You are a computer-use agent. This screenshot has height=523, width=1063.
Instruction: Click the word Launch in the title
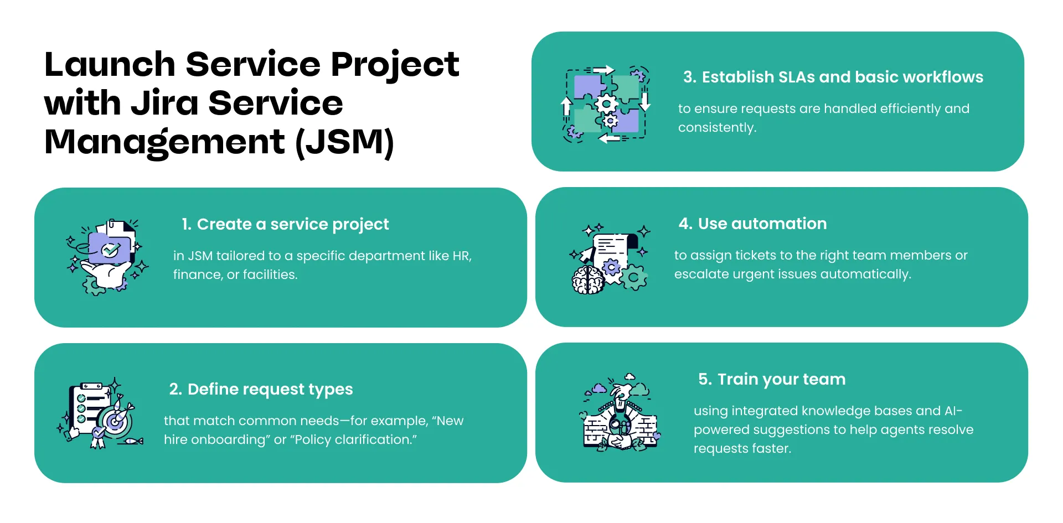point(110,64)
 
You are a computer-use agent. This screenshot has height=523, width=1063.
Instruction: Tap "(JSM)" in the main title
point(344,142)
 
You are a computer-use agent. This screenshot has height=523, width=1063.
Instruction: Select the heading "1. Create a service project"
point(285,224)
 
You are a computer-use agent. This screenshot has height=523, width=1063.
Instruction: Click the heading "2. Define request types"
point(261,389)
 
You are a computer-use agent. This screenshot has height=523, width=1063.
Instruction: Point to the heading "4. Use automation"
point(752,224)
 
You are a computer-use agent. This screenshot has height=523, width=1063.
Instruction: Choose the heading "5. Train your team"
point(772,379)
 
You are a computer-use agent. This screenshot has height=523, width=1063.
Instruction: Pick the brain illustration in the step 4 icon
point(587,280)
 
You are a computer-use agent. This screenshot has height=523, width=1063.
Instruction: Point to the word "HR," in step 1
point(462,256)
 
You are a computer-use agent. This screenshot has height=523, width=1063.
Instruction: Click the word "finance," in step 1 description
point(198,275)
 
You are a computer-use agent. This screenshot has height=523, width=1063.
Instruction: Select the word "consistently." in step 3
point(717,127)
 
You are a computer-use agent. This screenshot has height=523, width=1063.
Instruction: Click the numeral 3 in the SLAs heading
point(688,77)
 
